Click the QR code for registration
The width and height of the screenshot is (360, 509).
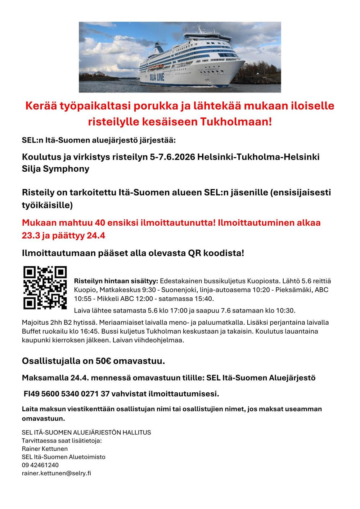45,288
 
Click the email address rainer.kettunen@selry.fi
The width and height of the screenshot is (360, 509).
57,473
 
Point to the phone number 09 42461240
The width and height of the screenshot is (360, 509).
40,465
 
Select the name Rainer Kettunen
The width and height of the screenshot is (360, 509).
45,449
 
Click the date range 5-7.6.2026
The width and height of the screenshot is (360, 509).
172,157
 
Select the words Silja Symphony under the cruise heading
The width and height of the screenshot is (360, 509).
55,168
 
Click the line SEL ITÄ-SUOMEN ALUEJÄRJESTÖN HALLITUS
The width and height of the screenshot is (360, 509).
86,432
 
